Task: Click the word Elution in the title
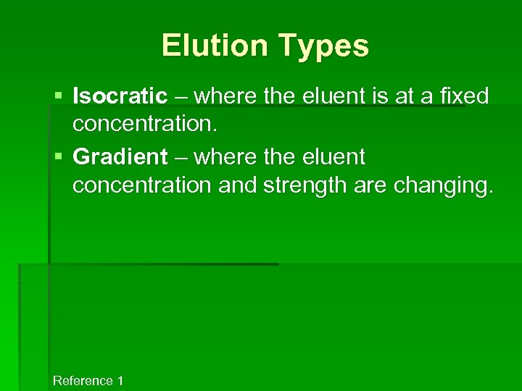pos(215,45)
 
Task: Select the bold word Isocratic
pos(120,96)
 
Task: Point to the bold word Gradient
pos(120,156)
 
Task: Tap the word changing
pos(443,185)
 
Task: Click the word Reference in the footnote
pos(83,381)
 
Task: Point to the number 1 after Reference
pos(120,381)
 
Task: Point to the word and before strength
pos(237,185)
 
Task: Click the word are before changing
pos(370,185)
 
